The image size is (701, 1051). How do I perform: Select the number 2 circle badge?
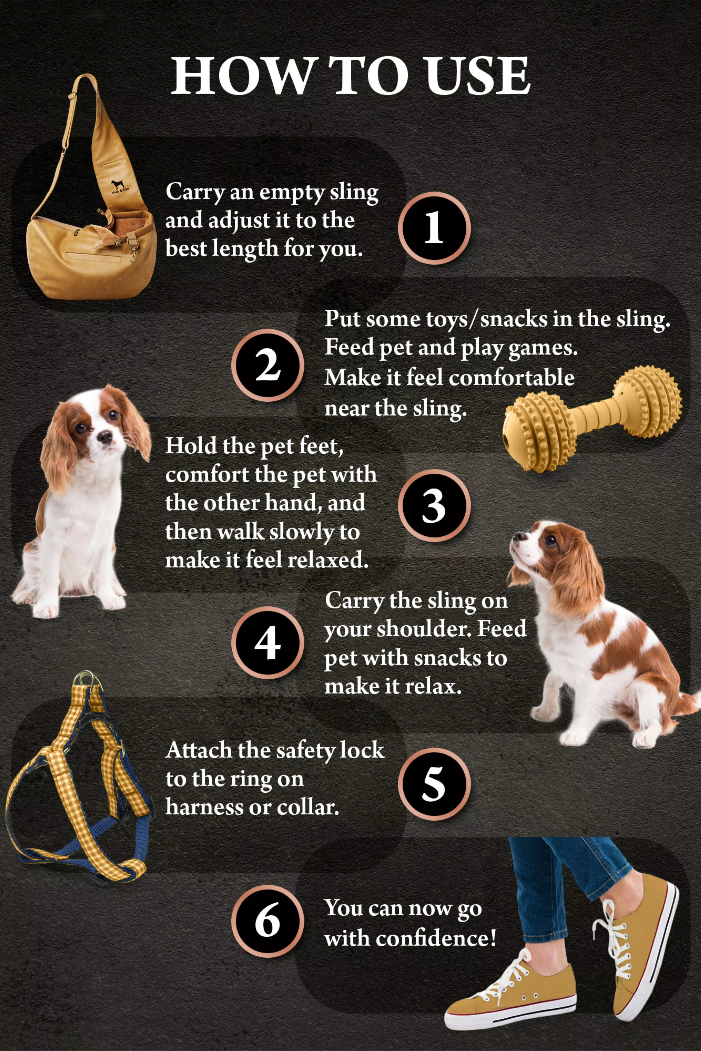(267, 365)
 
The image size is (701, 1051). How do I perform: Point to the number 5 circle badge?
(434, 784)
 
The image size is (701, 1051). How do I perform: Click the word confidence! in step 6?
(436, 938)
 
